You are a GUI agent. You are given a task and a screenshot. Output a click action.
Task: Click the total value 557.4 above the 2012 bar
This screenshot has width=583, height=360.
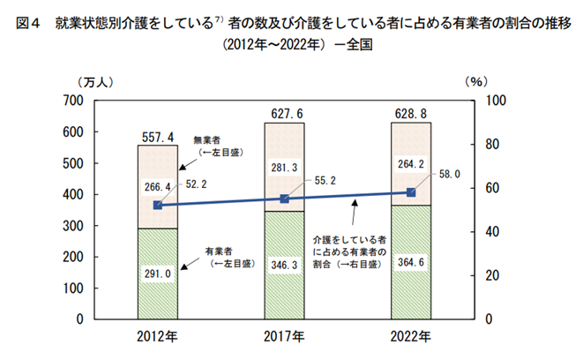coord(158,137)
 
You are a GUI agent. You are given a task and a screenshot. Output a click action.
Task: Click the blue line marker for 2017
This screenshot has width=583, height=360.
coord(285,199)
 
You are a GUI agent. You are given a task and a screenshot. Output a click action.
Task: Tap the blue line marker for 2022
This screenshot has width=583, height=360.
coord(411,192)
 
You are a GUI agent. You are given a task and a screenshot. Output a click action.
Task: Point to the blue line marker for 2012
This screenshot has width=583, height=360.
coord(158,205)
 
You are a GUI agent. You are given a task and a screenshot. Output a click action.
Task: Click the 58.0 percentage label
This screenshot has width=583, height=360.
coord(452,176)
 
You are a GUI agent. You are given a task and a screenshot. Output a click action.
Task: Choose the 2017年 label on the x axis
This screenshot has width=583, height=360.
coord(285,337)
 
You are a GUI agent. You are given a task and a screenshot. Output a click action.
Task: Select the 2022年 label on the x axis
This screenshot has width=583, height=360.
coord(411,337)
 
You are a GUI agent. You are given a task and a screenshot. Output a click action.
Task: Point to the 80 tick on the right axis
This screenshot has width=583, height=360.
coord(495,145)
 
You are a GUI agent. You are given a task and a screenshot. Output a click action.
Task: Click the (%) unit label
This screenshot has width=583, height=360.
coord(475,81)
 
